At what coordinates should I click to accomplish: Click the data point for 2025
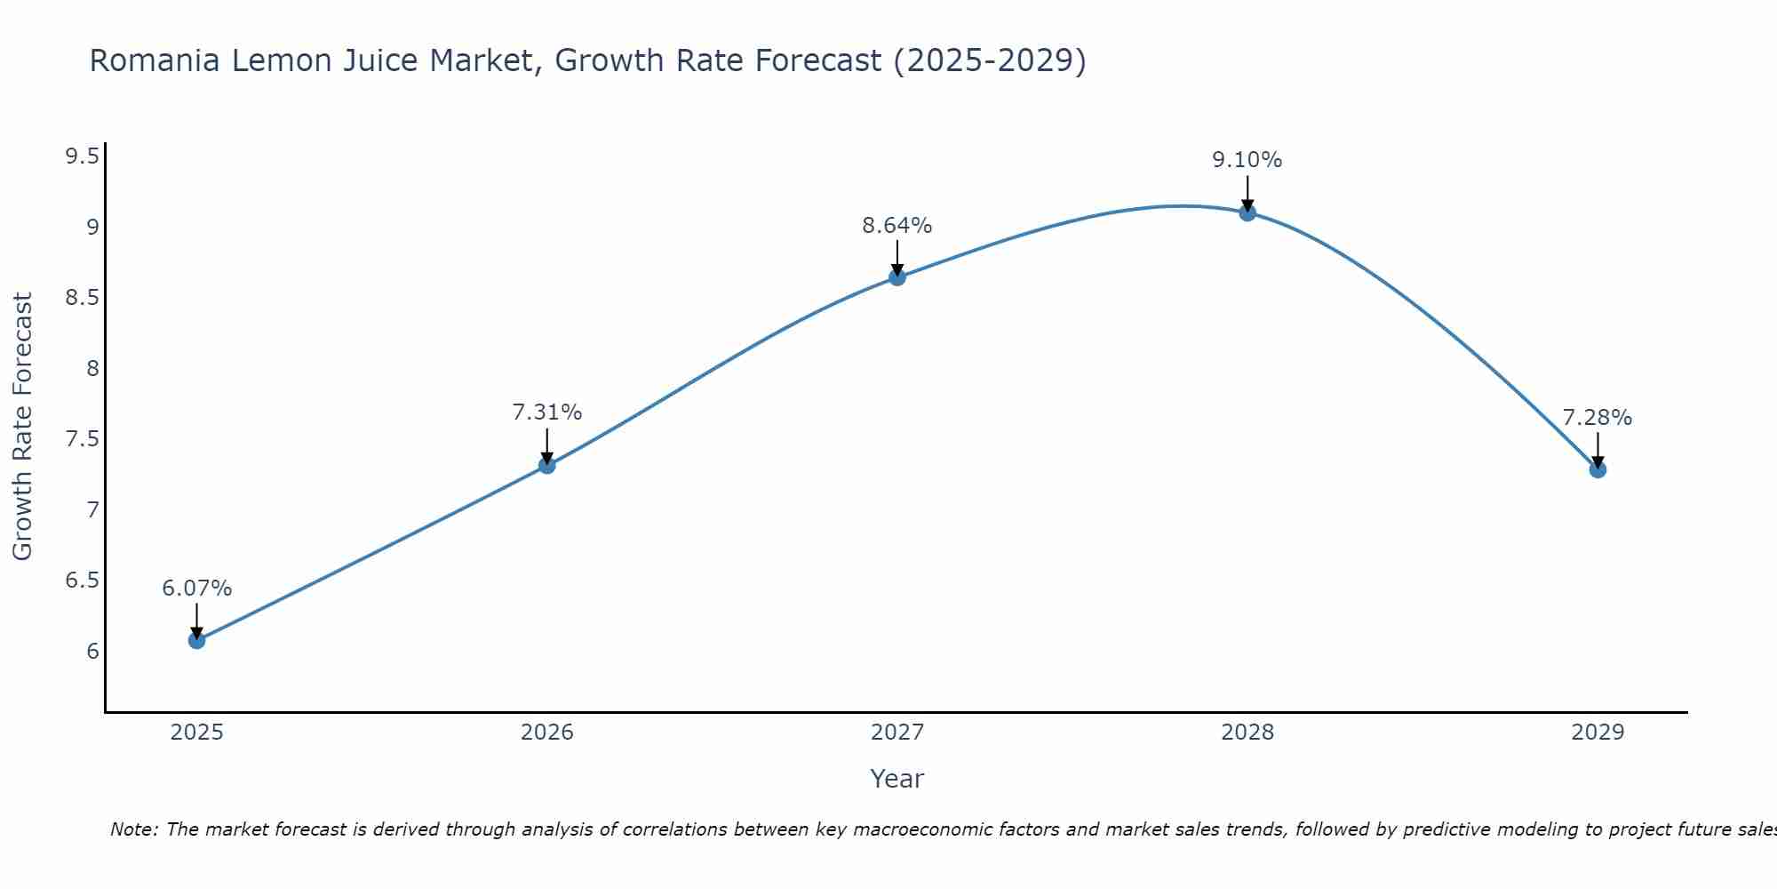click(196, 640)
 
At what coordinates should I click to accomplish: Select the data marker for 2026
click(547, 465)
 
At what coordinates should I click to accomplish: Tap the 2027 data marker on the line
click(897, 277)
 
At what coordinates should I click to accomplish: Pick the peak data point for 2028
click(1247, 212)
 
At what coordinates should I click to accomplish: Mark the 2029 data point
click(1598, 469)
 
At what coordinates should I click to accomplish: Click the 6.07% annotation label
click(196, 589)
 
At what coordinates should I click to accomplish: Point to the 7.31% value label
click(547, 412)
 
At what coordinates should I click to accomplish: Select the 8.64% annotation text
click(897, 226)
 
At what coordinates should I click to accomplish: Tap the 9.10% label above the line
click(1247, 160)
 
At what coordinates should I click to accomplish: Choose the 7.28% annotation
click(1598, 418)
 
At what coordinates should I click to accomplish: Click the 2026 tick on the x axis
click(547, 733)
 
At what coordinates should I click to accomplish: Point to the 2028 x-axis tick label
click(1247, 733)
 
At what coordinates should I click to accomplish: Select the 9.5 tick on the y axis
click(82, 157)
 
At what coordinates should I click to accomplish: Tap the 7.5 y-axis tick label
click(82, 440)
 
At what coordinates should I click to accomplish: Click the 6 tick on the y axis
click(92, 652)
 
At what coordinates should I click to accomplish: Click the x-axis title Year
click(897, 779)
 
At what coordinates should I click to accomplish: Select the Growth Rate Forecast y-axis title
click(23, 427)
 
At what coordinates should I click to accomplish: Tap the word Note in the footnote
click(133, 829)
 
